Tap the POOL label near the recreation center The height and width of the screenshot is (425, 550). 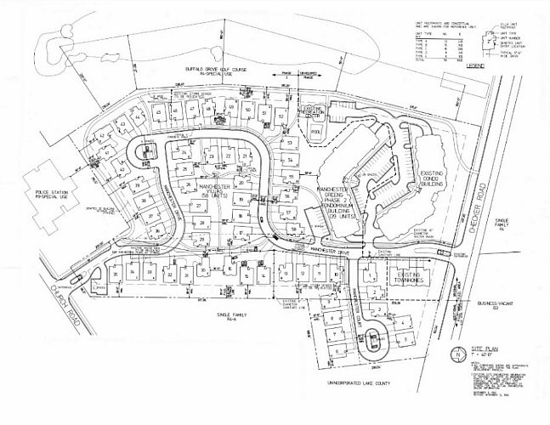point(317,133)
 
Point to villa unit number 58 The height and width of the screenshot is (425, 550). point(294,229)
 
